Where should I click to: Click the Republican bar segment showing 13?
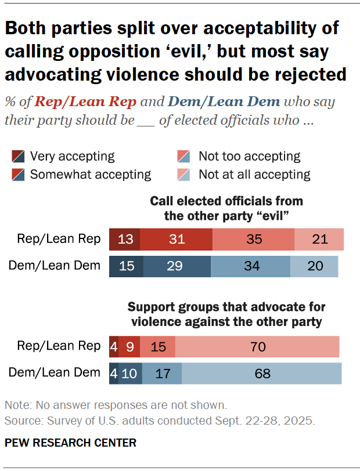point(124,239)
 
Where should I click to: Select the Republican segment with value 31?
point(176,239)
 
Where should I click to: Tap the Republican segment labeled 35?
point(253,239)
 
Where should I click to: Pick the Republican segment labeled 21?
point(319,239)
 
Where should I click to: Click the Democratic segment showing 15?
point(126,266)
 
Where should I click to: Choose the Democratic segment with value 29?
point(177,266)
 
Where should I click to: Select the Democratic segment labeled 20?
point(314,266)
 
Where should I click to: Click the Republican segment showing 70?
point(257,347)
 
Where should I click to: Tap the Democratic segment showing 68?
point(262,374)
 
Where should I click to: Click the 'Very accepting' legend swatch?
point(18,157)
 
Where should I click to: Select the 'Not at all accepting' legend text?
point(254,175)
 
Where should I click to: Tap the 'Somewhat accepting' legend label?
point(91,175)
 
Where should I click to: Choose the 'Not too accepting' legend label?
point(249,157)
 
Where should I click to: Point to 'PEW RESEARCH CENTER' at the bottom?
point(70,443)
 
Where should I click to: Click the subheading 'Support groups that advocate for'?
point(226,306)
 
